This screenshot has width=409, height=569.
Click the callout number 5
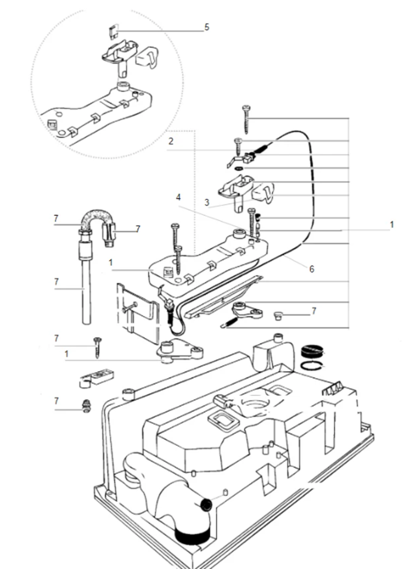coord(207,27)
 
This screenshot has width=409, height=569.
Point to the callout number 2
coord(171,142)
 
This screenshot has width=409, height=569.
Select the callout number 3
coord(207,203)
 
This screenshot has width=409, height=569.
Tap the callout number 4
coord(178,197)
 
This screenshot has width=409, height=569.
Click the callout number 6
coord(311,269)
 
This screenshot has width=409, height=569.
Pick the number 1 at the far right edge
coord(392,225)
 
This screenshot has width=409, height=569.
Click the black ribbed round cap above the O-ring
coord(312,351)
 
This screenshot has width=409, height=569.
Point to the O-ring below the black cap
coord(311,365)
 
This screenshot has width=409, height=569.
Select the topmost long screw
coord(247,120)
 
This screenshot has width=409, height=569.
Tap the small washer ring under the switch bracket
coord(239,169)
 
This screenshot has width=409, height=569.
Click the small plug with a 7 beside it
coord(278,315)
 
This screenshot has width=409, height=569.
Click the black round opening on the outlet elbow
coord(206,505)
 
